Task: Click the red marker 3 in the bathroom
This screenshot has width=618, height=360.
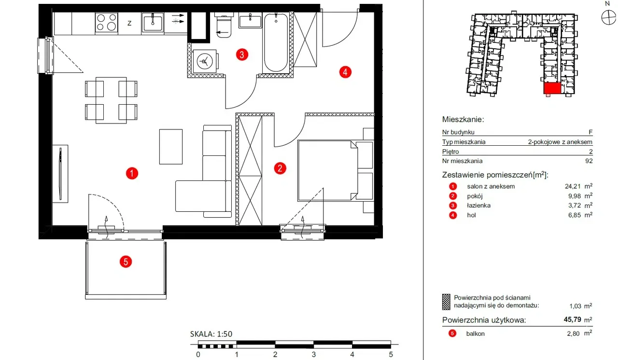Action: [x=242, y=55]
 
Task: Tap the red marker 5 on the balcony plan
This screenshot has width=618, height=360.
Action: [x=126, y=262]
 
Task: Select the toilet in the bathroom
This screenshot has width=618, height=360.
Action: [x=224, y=26]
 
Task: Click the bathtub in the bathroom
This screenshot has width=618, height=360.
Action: [x=276, y=43]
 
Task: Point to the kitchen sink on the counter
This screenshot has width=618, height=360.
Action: [x=153, y=23]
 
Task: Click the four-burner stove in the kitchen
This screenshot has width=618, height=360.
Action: [x=107, y=23]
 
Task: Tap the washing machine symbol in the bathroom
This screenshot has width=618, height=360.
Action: [x=205, y=61]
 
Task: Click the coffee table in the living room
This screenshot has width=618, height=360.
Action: [x=171, y=147]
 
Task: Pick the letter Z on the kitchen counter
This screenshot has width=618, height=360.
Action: [x=129, y=24]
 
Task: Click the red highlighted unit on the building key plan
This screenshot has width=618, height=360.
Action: [x=552, y=88]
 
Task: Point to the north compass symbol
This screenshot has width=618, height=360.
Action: [x=608, y=17]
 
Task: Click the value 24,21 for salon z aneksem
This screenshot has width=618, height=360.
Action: [x=573, y=186]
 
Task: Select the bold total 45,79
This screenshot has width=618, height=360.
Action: [x=573, y=319]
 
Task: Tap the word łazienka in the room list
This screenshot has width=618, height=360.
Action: [x=478, y=206]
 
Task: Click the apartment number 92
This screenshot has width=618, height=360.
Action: [x=589, y=161]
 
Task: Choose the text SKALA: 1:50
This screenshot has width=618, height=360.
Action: [x=211, y=334]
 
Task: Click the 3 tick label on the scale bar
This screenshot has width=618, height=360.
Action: [x=314, y=355]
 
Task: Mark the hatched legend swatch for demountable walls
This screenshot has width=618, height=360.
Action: [x=446, y=302]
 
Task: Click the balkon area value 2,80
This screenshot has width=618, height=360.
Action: [x=573, y=333]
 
